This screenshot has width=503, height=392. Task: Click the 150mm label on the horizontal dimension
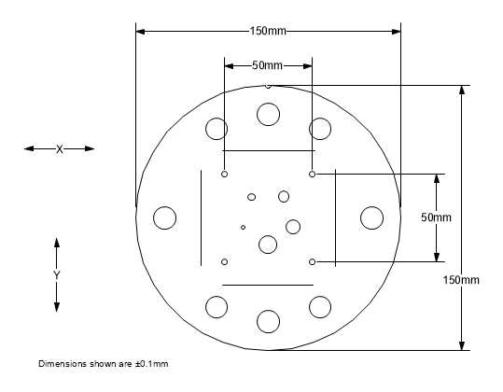(268, 32)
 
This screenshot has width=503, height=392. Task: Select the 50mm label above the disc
(268, 65)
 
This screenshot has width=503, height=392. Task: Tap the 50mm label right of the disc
(436, 217)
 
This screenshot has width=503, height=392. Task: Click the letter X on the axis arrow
(60, 148)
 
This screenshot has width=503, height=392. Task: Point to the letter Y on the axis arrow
(57, 275)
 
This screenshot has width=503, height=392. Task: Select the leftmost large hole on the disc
(165, 217)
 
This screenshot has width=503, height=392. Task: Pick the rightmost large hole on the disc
(371, 217)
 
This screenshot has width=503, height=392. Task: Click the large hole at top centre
(269, 115)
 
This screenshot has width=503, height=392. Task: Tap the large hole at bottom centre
(269, 321)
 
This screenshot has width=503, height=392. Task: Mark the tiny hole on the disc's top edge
(268, 86)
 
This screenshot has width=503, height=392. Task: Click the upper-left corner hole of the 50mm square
(225, 174)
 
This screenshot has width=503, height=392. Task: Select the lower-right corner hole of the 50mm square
(312, 261)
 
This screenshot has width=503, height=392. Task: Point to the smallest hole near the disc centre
(244, 227)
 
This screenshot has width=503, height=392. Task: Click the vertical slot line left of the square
(200, 217)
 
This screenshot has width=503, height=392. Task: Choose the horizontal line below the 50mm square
(268, 285)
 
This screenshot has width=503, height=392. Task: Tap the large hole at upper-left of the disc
(217, 129)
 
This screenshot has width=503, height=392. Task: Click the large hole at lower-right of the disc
(320, 306)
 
